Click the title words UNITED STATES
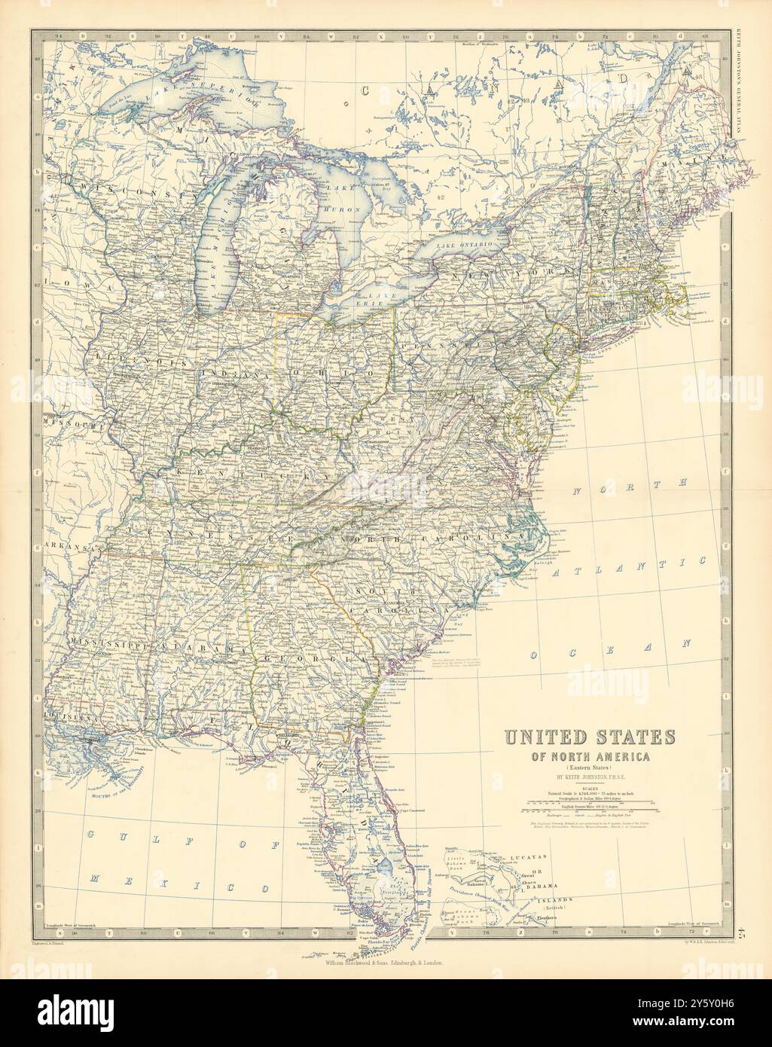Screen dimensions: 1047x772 click(589, 737)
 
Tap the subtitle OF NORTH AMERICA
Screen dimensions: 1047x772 click(589, 755)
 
